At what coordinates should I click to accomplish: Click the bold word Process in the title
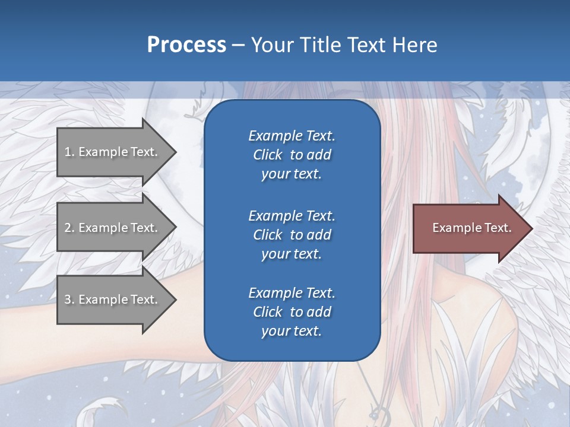(x=186, y=45)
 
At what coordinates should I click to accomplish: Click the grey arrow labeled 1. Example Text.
(x=113, y=152)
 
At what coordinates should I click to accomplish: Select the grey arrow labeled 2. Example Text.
(x=113, y=228)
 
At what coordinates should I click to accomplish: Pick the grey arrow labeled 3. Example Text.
(x=113, y=299)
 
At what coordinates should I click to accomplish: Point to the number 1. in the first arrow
(x=69, y=152)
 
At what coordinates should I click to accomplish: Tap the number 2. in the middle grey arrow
(x=69, y=228)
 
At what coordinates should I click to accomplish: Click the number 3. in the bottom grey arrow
(x=69, y=299)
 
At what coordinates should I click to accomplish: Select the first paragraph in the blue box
(x=292, y=155)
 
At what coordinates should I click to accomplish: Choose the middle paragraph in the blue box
(x=292, y=234)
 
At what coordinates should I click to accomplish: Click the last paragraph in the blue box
(x=292, y=312)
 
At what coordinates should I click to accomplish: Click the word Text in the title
(x=366, y=45)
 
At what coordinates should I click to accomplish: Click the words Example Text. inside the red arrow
(x=471, y=228)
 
